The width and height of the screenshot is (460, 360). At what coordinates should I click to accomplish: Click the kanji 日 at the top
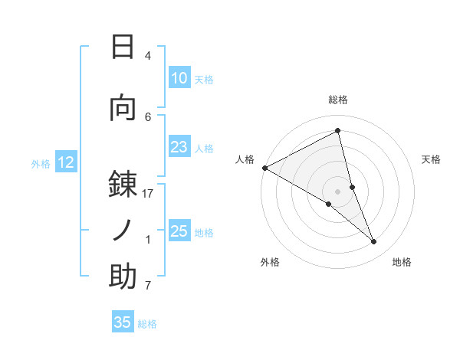point(123,47)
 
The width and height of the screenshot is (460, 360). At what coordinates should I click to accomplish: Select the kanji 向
point(123,107)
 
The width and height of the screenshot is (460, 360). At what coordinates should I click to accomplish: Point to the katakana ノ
point(123,229)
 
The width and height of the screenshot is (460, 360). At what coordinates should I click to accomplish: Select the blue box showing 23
point(179,148)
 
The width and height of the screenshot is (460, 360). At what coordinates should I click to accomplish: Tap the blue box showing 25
point(179,231)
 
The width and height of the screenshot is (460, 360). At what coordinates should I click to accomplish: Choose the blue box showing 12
point(65,162)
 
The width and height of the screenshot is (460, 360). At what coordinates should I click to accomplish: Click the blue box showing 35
point(123,322)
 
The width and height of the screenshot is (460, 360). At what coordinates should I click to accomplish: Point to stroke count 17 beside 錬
point(148,194)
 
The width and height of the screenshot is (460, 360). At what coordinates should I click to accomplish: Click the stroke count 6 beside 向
point(148,116)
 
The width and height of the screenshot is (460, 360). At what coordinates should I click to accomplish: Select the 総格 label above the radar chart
point(337,100)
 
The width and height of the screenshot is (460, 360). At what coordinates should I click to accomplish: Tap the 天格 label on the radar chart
point(432,159)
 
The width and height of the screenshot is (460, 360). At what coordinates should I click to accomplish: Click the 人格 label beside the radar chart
point(245,159)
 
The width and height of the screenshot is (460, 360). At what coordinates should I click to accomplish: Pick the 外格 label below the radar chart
point(270,262)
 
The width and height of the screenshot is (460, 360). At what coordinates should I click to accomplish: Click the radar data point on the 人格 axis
point(264,168)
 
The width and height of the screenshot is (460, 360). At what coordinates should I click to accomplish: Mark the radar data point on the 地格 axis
point(374,242)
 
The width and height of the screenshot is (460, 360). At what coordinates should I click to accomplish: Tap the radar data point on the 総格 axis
point(337,131)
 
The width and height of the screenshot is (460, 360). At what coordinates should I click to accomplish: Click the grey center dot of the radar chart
point(337,191)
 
